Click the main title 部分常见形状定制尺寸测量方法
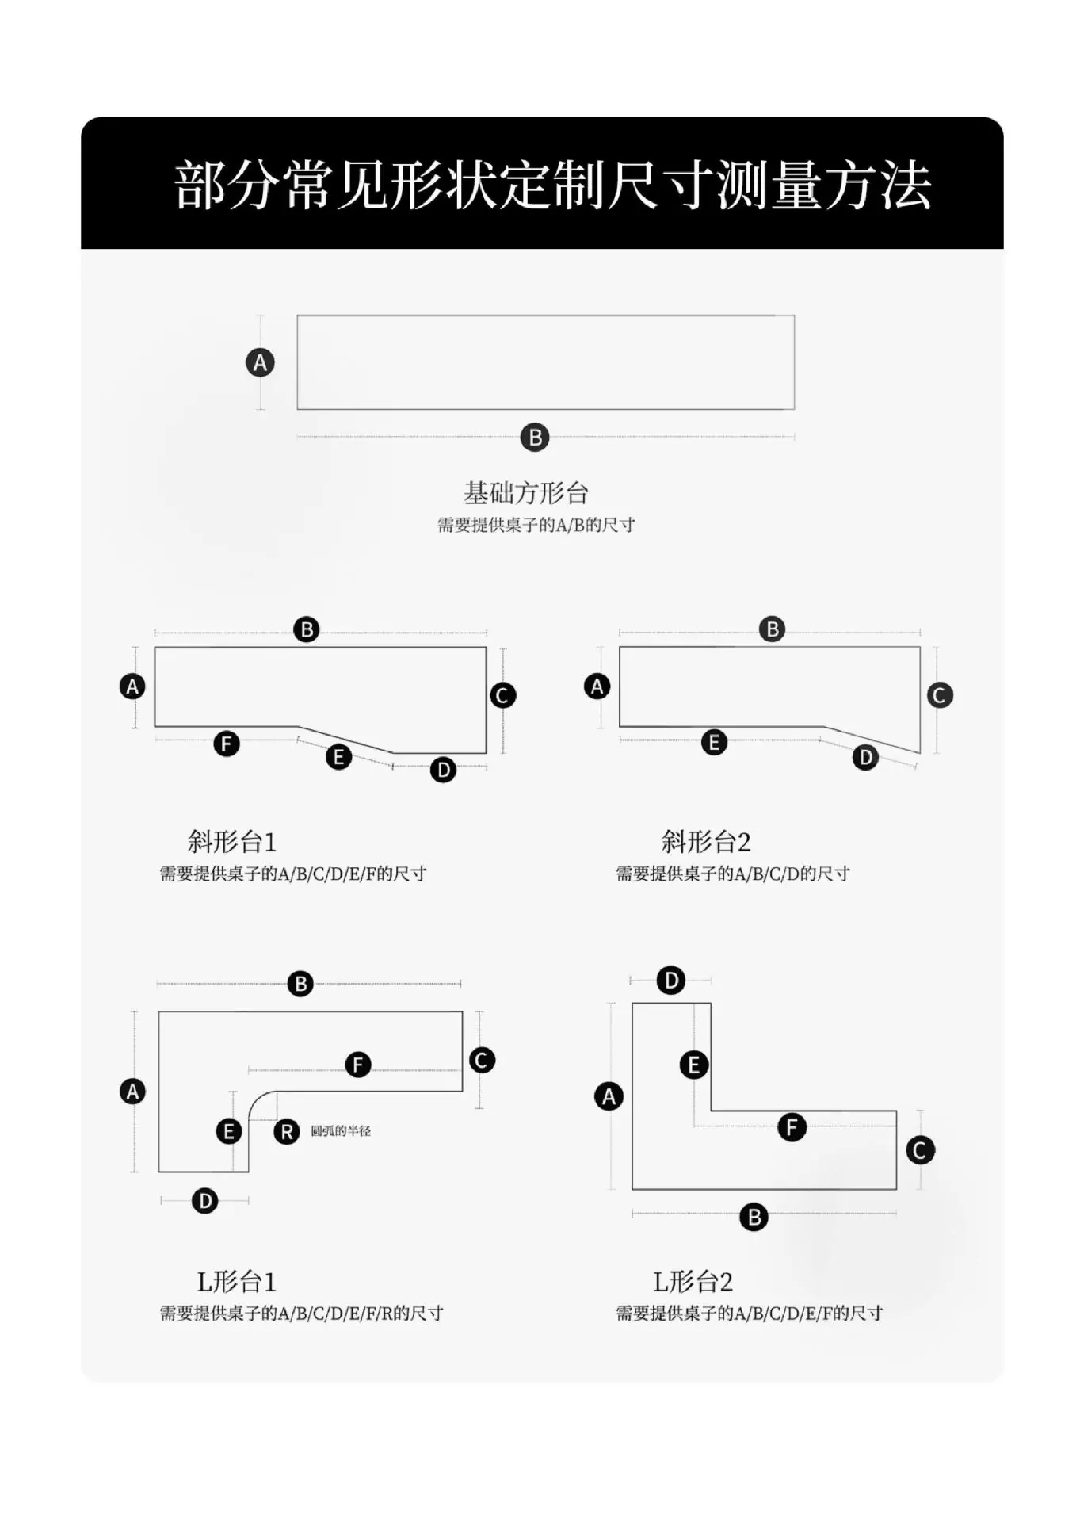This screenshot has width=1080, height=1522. [x=552, y=185]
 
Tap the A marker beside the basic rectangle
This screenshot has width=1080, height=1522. [x=260, y=363]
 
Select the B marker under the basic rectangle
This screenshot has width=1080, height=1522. [x=535, y=437]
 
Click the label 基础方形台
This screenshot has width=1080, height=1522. [x=526, y=493]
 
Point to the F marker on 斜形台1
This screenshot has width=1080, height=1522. [x=227, y=744]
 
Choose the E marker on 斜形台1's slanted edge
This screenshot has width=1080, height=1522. [x=338, y=757]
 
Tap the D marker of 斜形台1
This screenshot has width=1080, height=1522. [x=443, y=769]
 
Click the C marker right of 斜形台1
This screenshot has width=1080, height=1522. [x=502, y=695]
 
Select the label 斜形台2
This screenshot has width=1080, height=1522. [x=706, y=841]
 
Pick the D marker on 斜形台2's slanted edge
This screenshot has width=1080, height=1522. [x=865, y=757]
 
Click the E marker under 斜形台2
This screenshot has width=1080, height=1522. [x=714, y=742]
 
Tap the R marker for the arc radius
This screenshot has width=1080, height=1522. [x=287, y=1131]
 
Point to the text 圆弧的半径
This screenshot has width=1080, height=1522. [x=341, y=1131]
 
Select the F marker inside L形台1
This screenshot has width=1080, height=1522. [x=358, y=1064]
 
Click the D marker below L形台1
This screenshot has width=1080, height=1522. [x=204, y=1200]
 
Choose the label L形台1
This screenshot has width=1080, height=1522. [x=236, y=1282]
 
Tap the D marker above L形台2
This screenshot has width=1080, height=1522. [x=670, y=981]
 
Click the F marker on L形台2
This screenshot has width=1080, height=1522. [x=792, y=1126]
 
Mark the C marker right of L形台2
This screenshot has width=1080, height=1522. [x=920, y=1150]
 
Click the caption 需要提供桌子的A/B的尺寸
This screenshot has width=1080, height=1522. [x=536, y=525]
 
